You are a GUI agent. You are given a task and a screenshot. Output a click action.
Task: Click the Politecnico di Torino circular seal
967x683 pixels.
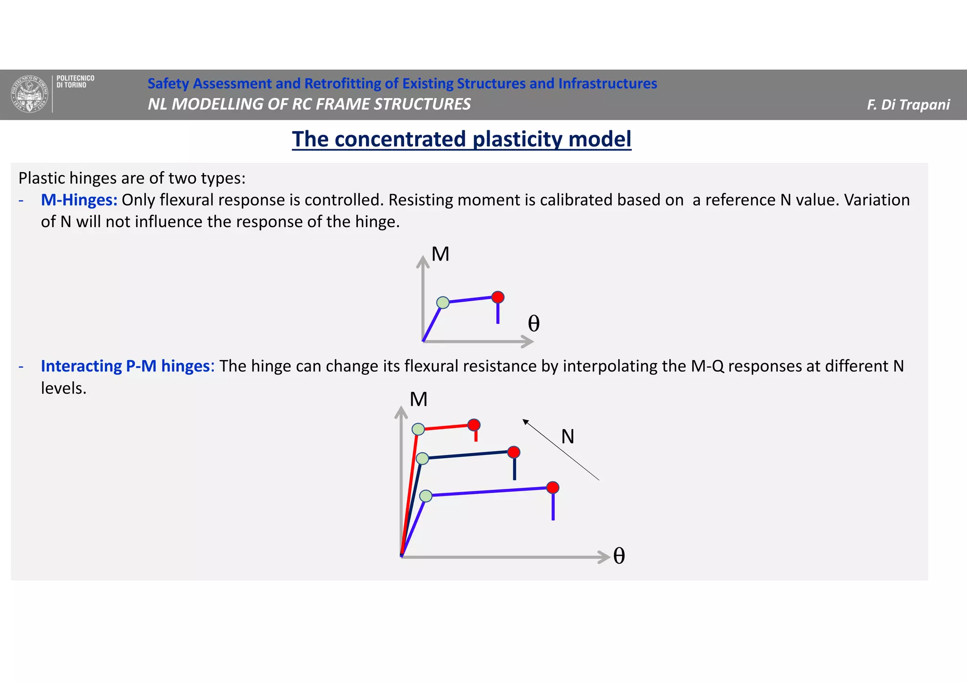[30, 94]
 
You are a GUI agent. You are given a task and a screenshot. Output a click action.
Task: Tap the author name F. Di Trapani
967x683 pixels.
[908, 104]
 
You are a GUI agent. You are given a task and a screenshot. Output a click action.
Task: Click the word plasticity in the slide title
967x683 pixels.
[517, 139]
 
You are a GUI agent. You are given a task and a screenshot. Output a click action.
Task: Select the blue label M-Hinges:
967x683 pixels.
[79, 200]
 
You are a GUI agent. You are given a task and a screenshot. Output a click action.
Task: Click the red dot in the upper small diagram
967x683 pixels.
[498, 297]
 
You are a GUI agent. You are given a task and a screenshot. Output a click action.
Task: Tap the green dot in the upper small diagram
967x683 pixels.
[443, 303]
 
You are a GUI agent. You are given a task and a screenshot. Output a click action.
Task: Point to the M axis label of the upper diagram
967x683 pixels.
[440, 254]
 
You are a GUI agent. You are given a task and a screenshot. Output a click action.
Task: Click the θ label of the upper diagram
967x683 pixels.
[534, 324]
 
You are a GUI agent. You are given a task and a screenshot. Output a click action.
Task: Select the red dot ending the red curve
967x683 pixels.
[474, 425]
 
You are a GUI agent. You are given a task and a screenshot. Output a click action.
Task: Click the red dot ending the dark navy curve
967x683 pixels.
[514, 452]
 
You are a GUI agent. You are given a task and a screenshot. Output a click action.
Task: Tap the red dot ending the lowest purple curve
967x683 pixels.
[553, 488]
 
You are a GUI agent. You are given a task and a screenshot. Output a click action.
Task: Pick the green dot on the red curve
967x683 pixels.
[418, 429]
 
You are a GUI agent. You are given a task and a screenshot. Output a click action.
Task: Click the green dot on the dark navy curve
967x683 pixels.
[423, 458]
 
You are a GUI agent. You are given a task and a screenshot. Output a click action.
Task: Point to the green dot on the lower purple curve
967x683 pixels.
[426, 496]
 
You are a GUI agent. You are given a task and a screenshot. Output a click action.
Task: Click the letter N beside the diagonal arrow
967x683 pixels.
[568, 437]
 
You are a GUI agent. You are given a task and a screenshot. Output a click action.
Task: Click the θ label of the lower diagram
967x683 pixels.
[619, 556]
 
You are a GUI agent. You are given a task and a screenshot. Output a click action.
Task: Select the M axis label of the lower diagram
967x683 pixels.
[418, 400]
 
